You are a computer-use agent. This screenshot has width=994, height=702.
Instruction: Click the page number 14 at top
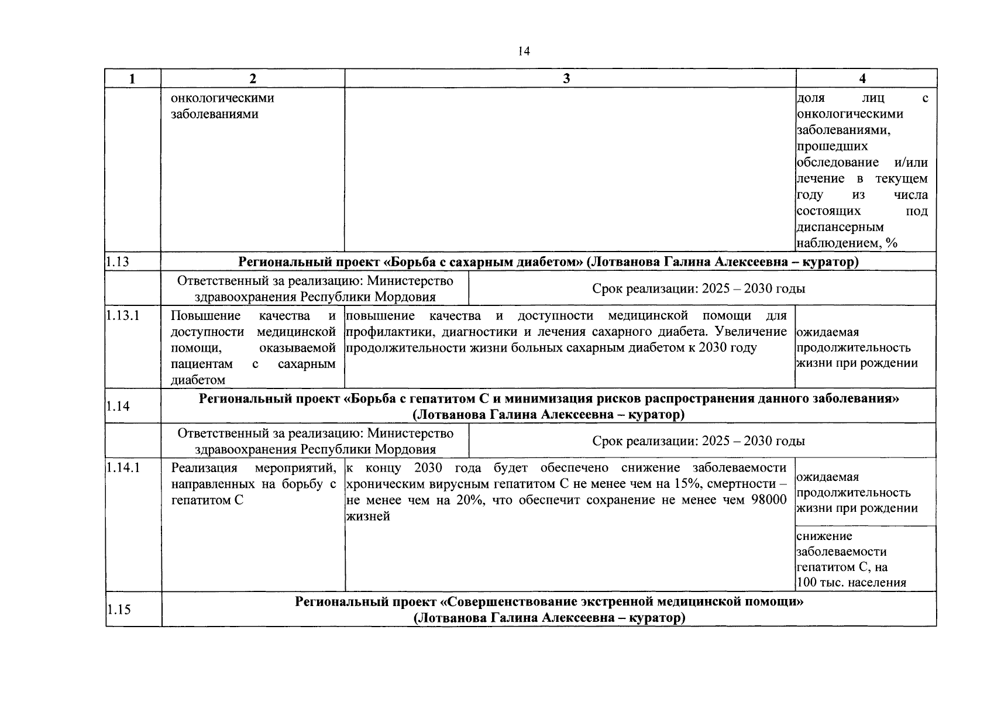[x=524, y=51]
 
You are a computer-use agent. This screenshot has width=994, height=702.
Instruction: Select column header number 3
[x=566, y=79]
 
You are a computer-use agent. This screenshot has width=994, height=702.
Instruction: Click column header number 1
[x=133, y=79]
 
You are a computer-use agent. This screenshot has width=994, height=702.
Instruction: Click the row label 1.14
[x=118, y=407]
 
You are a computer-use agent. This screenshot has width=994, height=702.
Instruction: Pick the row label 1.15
[x=118, y=610]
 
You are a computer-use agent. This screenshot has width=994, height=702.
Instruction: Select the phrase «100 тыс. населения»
[x=851, y=583]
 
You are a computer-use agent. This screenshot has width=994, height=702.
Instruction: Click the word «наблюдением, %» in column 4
[x=847, y=243]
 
